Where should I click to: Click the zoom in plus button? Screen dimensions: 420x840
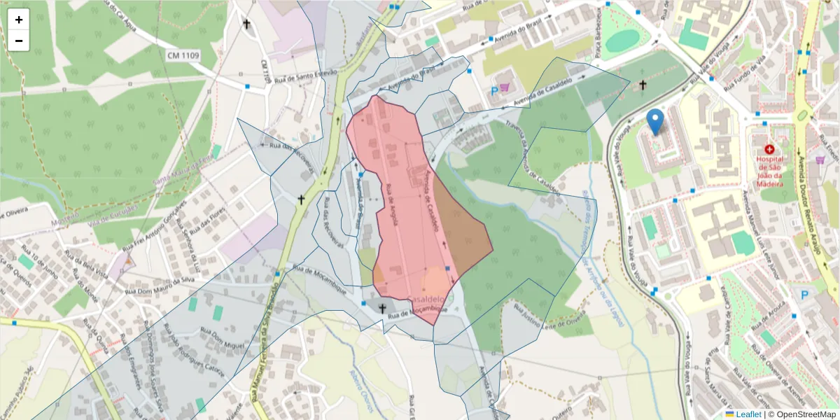19,20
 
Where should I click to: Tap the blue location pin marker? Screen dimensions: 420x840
655,122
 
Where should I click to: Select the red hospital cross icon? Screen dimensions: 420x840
770,149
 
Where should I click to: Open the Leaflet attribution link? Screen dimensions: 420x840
748,414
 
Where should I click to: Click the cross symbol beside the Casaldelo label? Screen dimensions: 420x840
383,308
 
